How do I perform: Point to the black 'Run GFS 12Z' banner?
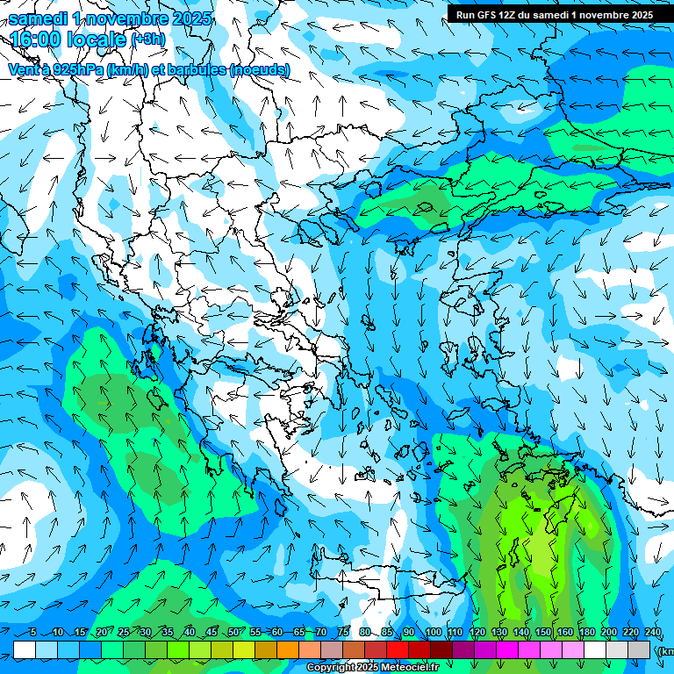pyautogui.click(x=554, y=15)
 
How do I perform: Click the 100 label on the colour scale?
pyautogui.click(x=434, y=633)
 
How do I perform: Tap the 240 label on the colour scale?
pyautogui.click(x=653, y=633)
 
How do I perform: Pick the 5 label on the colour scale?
pyautogui.click(x=33, y=633)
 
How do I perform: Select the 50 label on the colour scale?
pyautogui.click(x=233, y=633)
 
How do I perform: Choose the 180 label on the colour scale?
pyautogui.click(x=587, y=633)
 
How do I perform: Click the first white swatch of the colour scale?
pyautogui.click(x=25, y=649)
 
